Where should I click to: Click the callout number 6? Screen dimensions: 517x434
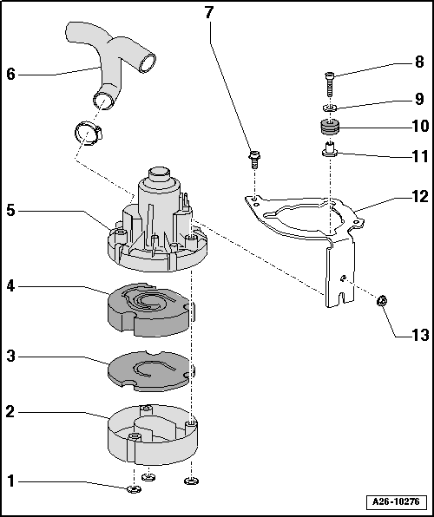10,74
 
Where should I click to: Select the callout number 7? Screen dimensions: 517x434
208,12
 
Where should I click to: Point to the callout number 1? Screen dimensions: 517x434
10,480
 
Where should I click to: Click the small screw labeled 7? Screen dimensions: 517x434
253,158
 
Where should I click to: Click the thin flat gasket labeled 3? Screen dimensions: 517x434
148,370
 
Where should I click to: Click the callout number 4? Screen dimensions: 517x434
10,285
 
